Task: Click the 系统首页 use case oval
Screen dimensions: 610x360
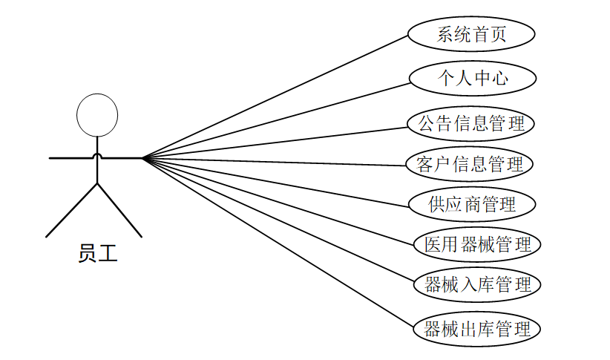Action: (471, 34)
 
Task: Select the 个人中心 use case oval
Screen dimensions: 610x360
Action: (471, 77)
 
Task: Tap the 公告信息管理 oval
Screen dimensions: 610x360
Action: (471, 123)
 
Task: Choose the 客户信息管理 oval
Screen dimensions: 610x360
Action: (471, 164)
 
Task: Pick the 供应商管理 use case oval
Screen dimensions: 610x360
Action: (471, 203)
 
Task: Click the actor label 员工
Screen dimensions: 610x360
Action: (97, 254)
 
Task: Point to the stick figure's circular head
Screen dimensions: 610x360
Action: (97, 115)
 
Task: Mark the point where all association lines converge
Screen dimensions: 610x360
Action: (142, 157)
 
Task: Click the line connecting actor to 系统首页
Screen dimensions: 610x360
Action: (275, 96)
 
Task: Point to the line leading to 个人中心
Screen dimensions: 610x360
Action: (275, 119)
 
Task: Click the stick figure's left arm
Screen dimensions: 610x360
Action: (70, 157)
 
